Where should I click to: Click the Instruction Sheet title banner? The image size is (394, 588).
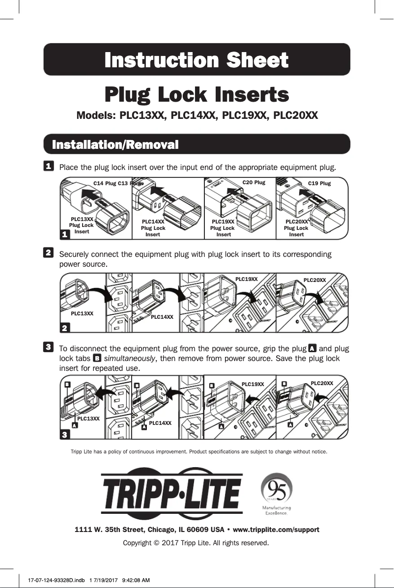tap(197, 60)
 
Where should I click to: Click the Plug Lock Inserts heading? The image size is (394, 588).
tap(197, 94)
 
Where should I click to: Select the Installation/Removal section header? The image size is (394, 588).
tap(115, 145)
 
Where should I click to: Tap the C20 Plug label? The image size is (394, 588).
tap(254, 182)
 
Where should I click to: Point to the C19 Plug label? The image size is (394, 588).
tap(319, 183)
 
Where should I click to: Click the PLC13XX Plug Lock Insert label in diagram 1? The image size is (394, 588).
tap(82, 225)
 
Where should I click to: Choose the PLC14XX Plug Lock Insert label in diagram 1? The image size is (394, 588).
tap(153, 228)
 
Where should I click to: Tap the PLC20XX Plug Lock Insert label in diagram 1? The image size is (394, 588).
tap(296, 228)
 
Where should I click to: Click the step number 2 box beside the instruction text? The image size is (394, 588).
tap(49, 252)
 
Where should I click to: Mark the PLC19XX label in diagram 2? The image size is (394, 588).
tap(247, 279)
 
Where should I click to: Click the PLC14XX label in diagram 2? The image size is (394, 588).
tap(162, 317)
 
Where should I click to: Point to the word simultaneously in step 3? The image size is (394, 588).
tap(130, 359)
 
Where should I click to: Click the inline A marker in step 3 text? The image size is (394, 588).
tap(311, 348)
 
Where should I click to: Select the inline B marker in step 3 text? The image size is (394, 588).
tap(97, 359)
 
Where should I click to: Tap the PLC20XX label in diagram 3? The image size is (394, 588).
tap(322, 383)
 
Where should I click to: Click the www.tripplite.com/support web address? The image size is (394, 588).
tap(276, 530)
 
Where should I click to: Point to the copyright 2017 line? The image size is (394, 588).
tap(196, 543)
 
